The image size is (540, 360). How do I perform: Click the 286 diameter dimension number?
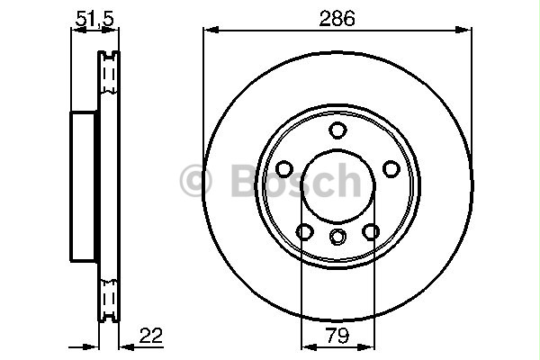pyautogui.click(x=337, y=18)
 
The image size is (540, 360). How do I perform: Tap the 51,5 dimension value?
pyautogui.click(x=94, y=18)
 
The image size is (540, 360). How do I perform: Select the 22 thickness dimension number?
pyautogui.click(x=150, y=335)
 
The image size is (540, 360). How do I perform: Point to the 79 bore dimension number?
pyautogui.click(x=337, y=335)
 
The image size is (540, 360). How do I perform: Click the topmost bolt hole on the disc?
pyautogui.click(x=337, y=130)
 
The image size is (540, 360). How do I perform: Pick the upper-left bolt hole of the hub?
pyautogui.click(x=284, y=169)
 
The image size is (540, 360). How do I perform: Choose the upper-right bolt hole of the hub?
pyautogui.click(x=391, y=169)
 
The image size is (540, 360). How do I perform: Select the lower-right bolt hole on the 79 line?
pyautogui.click(x=371, y=231)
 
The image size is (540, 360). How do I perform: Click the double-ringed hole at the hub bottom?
pyautogui.click(x=337, y=237)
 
